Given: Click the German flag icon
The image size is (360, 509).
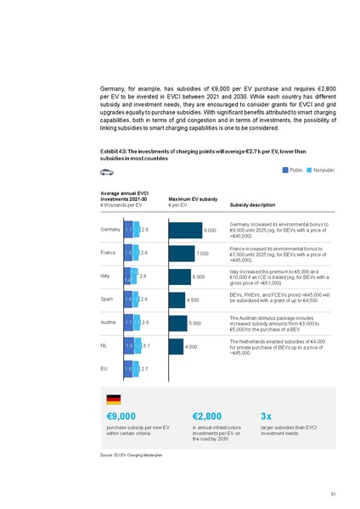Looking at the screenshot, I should (113, 400).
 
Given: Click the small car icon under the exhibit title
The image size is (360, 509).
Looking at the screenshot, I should (106, 172).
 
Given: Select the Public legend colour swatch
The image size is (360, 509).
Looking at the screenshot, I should (286, 171).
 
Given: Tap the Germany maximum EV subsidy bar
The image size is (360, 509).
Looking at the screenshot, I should (196, 230).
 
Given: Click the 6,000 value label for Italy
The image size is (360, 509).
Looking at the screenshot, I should (199, 277).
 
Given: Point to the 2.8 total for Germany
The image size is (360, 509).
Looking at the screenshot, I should (145, 230).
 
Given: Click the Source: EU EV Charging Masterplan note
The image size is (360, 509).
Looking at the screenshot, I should (131, 456).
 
